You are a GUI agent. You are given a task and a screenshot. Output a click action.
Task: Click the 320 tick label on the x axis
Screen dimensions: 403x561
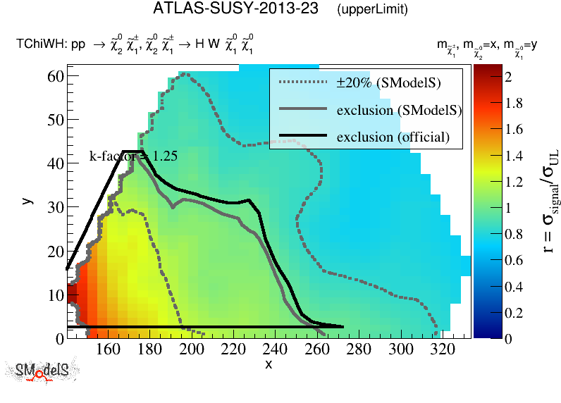pyautogui.click(x=442, y=349)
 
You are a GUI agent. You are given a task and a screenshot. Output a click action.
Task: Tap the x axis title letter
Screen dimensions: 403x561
pyautogui.click(x=268, y=364)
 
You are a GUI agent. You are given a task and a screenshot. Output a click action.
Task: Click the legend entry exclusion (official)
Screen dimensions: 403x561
pyautogui.click(x=393, y=136)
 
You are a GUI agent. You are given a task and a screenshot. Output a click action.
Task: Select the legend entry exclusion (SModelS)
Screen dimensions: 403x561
pyautogui.click(x=399, y=110)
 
